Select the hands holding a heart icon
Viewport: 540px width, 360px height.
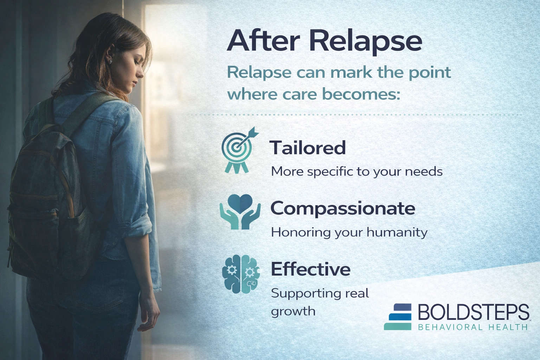[240, 212]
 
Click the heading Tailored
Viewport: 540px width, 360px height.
[308, 148]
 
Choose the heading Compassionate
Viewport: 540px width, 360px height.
[343, 208]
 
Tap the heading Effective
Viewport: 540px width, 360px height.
[310, 270]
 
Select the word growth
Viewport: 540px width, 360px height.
[293, 311]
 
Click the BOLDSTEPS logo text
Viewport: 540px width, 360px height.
[473, 312]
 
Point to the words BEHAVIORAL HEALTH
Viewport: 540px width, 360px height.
[473, 327]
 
